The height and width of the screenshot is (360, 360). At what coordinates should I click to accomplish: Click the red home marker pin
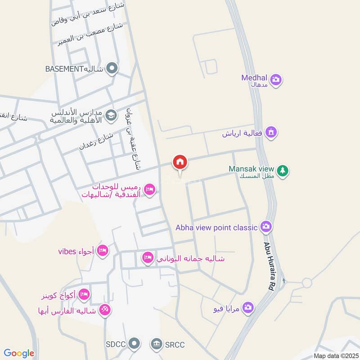point(180,162)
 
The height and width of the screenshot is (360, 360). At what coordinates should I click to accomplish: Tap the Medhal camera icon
point(276,80)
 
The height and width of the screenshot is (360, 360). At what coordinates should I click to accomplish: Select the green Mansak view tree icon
point(283,171)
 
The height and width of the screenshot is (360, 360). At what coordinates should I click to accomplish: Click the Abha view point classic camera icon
point(266,227)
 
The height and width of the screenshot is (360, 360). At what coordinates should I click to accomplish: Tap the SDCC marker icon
point(134,344)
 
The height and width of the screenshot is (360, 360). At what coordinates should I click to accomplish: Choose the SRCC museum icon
point(157,344)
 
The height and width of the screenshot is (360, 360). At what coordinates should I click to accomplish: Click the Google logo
point(19,353)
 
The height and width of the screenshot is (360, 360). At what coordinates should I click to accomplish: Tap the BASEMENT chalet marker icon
point(112,69)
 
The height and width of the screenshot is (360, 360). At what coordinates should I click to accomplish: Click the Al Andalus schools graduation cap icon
point(110,116)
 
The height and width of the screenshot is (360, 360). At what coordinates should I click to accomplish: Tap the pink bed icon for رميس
point(150,190)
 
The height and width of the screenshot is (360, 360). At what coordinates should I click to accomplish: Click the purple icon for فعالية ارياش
point(271,132)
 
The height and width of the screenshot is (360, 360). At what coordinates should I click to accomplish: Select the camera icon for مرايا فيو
point(247,308)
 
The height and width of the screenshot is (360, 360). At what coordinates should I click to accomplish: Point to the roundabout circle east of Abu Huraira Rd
point(307,283)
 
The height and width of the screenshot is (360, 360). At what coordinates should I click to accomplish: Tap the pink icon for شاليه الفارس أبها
point(105,310)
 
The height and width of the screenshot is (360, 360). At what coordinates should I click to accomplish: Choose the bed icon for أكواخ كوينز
point(84,295)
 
